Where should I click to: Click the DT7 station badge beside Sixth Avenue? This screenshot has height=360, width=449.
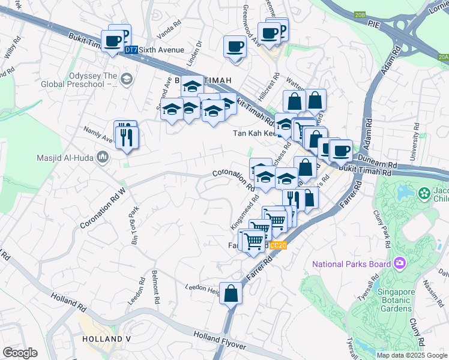[131, 50]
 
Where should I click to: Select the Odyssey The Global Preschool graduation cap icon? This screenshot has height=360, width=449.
[127, 79]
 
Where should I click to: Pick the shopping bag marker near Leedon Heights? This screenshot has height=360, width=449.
[231, 293]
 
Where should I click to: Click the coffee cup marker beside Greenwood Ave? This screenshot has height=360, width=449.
[235, 47]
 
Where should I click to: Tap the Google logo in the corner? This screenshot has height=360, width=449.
[20, 353]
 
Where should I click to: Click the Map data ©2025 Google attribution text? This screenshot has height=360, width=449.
[411, 355]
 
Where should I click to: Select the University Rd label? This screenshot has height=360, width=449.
[414, 143]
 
